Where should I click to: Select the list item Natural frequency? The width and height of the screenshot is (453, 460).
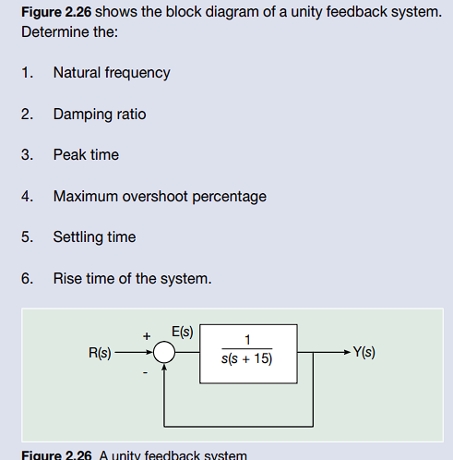(112, 72)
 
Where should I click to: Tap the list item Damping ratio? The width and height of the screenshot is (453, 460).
(100, 114)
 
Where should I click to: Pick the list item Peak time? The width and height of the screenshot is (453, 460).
(86, 154)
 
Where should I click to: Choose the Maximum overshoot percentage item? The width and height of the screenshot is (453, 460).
(160, 196)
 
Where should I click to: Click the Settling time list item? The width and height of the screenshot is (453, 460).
(94, 236)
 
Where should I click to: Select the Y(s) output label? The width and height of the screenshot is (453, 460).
(364, 352)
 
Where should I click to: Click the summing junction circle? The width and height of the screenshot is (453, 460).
(164, 352)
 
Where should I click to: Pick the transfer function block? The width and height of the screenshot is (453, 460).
(248, 352)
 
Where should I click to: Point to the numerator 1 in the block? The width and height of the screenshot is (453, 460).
(248, 340)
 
